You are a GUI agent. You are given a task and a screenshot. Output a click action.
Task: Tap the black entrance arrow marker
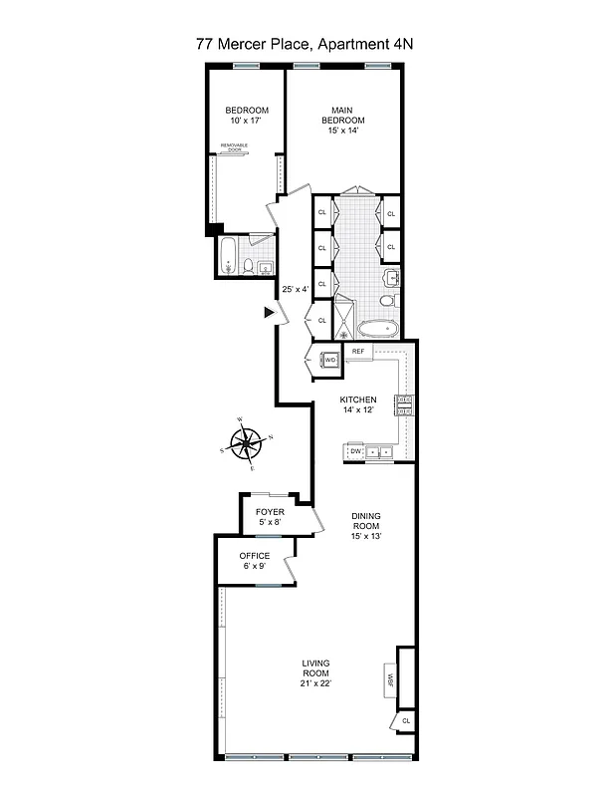pyautogui.click(x=269, y=312)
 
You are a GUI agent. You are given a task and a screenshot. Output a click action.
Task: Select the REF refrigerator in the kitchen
pyautogui.click(x=358, y=352)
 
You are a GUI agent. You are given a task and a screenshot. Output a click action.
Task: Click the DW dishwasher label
pyautogui.click(x=355, y=451)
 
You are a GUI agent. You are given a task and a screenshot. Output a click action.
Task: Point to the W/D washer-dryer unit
pyautogui.click(x=329, y=360)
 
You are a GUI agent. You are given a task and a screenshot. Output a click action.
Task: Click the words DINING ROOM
pyautogui.click(x=366, y=521)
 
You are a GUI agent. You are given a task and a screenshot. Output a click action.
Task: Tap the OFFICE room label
pyautogui.click(x=255, y=556)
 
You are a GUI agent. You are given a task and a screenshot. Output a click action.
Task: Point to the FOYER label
pyautogui.click(x=270, y=512)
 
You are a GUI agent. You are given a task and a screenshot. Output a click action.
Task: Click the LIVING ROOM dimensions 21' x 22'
pyautogui.click(x=316, y=683)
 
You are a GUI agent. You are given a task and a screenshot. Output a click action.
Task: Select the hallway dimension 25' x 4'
pyautogui.click(x=296, y=290)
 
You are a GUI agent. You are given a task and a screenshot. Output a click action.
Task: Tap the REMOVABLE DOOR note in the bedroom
pyautogui.click(x=235, y=147)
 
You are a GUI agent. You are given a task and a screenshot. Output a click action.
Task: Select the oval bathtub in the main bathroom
pyautogui.click(x=377, y=328)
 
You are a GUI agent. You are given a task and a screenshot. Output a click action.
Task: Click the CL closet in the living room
pyautogui.click(x=405, y=719)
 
